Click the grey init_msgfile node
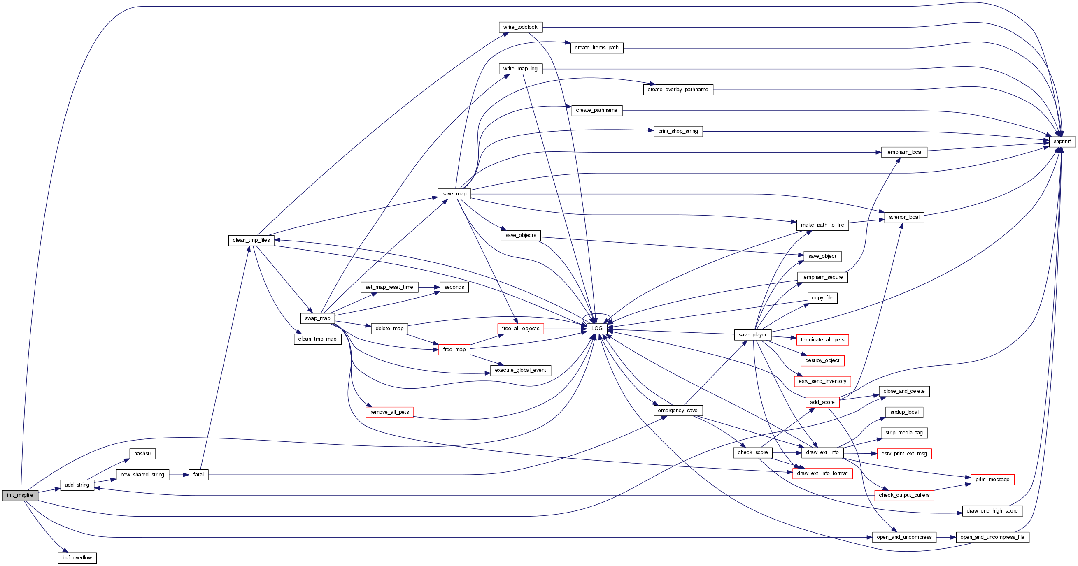[20, 495]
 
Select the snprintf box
[1062, 141]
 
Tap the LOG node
[597, 328]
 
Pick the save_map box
[454, 194]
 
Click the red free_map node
[454, 349]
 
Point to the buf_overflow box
[77, 558]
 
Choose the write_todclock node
[520, 27]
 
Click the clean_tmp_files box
[251, 240]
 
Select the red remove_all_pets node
[389, 412]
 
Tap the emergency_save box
[678, 411]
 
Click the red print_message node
[992, 479]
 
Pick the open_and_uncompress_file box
[992, 537]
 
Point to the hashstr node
[143, 453]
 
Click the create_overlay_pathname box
[678, 90]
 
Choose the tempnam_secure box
[822, 277]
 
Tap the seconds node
[454, 287]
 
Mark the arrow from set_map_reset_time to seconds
[429, 287]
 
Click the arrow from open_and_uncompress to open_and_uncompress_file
[946, 537]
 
